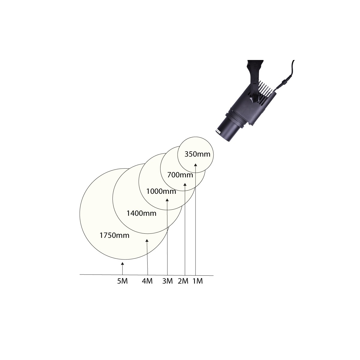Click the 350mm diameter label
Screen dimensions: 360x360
click(195, 154)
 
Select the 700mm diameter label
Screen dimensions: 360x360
click(180, 175)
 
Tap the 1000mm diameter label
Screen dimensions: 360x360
click(161, 191)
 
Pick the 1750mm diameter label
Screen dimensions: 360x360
click(114, 235)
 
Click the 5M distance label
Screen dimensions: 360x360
click(122, 281)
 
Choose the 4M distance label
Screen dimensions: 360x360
click(147, 281)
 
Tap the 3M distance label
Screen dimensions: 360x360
click(167, 281)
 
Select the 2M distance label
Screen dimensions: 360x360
click(183, 281)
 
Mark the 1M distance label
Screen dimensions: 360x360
click(197, 281)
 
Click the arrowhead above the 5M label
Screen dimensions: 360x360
click(122, 263)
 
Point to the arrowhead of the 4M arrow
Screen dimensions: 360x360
click(147, 241)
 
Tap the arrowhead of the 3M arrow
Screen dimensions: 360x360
click(167, 199)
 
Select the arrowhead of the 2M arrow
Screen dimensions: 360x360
click(185, 184)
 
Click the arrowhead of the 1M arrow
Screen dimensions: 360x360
click(196, 164)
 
